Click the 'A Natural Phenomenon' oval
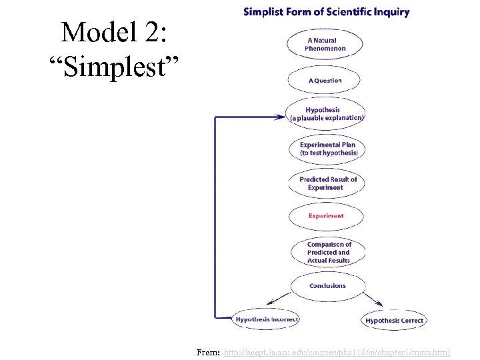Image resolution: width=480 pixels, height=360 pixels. click(325, 45)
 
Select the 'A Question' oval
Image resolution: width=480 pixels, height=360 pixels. click(325, 81)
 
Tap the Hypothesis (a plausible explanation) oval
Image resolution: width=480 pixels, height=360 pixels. click(326, 114)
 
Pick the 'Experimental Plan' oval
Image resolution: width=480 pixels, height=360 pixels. click(327, 149)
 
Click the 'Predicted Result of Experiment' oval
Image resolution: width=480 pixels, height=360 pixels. click(326, 183)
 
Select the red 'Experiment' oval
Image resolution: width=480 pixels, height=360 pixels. click(326, 216)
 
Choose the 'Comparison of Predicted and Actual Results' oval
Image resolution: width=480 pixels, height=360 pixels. click(328, 252)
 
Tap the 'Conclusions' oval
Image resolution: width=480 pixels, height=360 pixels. click(327, 286)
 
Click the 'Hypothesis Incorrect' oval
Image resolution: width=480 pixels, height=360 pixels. click(266, 319)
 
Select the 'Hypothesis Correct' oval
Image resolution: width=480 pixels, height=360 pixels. click(394, 321)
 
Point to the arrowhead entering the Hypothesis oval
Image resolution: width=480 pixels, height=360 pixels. click(280, 117)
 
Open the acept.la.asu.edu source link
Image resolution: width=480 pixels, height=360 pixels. click(337, 352)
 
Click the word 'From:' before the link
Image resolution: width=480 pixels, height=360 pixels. click(209, 352)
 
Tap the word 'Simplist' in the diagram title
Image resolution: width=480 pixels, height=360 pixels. click(265, 12)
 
